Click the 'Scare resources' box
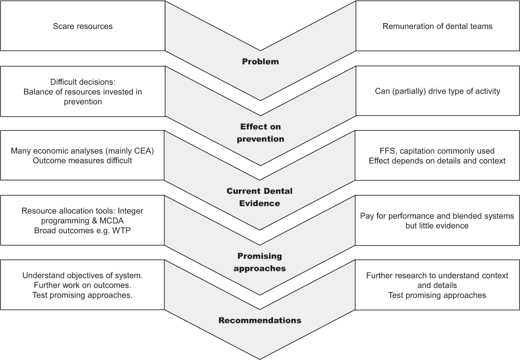point(83,26)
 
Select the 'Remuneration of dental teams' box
point(438,26)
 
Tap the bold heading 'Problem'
point(260,62)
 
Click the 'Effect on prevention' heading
point(260,133)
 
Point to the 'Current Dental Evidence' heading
point(260,197)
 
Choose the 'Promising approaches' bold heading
point(260,262)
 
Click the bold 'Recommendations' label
point(260,320)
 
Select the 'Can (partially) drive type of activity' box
point(438,91)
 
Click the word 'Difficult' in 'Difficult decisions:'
point(63,82)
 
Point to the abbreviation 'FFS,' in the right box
point(388,151)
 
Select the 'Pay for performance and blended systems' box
point(437,220)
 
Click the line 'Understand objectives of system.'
point(83,275)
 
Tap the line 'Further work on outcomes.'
point(83,285)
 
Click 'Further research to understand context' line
point(437,275)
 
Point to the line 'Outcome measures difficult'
point(83,161)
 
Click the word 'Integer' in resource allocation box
point(131,211)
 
